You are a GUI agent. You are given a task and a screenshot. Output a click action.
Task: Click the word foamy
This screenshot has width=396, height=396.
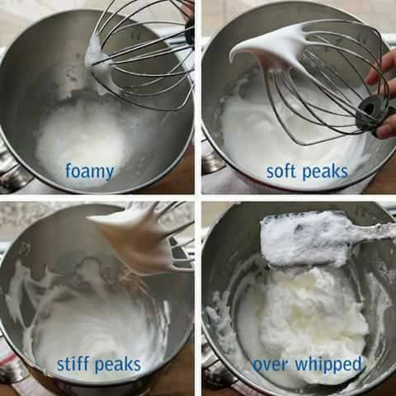[x=90, y=172]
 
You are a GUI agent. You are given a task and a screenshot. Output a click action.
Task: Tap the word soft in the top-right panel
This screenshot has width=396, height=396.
[x=282, y=171]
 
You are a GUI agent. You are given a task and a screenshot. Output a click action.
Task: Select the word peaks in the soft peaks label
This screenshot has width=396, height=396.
[x=325, y=172]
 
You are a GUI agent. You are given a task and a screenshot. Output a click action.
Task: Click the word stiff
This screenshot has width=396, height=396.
[x=74, y=364]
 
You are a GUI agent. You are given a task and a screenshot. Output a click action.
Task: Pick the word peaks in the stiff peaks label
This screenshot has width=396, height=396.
[x=118, y=365]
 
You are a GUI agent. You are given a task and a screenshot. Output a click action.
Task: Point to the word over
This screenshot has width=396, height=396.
[x=270, y=365]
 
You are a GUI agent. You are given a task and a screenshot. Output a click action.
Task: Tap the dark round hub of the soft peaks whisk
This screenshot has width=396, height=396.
[x=367, y=107]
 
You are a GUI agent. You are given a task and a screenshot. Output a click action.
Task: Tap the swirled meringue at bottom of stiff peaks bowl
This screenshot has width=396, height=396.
[x=97, y=330]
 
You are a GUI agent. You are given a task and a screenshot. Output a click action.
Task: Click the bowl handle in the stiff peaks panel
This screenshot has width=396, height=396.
[x=11, y=369]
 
